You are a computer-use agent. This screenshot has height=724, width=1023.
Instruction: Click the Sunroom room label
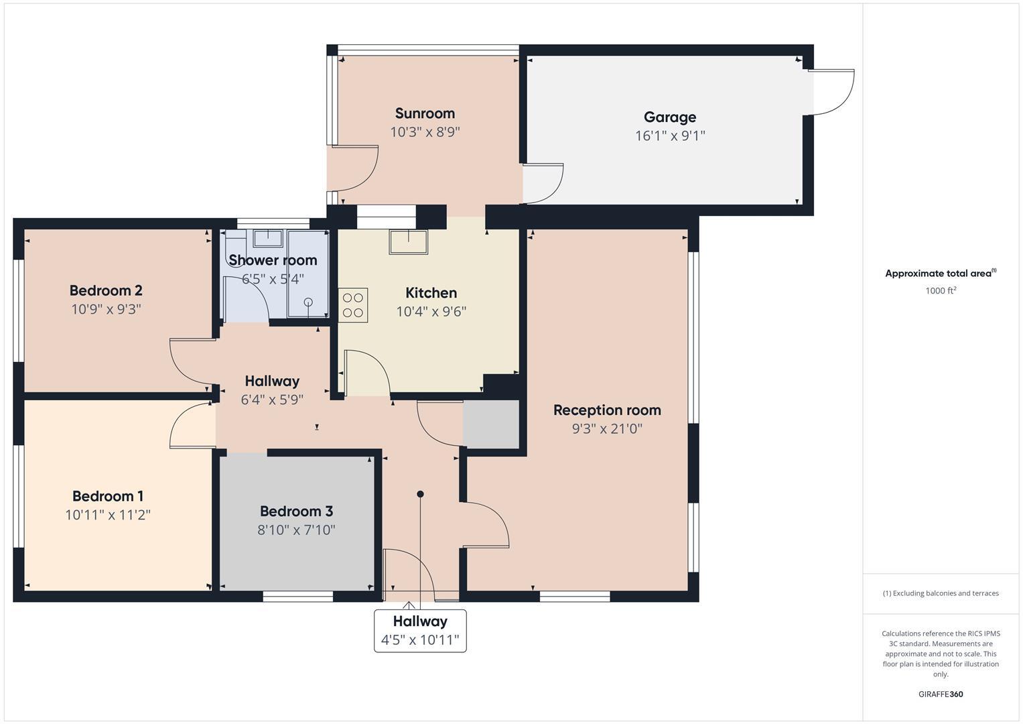pos(425,113)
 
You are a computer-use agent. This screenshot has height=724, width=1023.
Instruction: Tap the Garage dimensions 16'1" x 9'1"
pos(670,135)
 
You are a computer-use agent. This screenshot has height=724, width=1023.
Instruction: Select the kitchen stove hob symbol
pos(353,305)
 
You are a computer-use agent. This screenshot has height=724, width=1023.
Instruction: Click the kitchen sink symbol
pos(409,242)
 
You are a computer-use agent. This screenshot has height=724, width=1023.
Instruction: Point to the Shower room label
pos(273,260)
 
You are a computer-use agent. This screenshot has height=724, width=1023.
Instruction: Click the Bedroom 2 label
pos(106,290)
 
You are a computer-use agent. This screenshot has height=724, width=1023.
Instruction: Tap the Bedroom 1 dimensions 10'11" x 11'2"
pos(108,515)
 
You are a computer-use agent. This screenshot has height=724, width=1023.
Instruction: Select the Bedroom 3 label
pos(296,511)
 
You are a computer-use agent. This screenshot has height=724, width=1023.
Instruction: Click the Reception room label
pos(607,410)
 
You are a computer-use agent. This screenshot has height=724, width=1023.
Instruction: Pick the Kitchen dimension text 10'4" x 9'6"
pos(431,312)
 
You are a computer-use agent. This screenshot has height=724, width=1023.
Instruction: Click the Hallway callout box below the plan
pos(420,630)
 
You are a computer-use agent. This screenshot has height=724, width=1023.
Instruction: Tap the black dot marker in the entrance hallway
pos(421,494)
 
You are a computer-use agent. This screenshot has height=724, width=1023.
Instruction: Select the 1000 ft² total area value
pos(941,290)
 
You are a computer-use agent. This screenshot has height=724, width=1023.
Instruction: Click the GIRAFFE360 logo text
pos(941,694)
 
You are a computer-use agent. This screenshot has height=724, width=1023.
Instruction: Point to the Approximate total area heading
pos(941,273)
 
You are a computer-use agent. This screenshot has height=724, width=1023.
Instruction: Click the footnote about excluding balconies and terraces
pos(941,593)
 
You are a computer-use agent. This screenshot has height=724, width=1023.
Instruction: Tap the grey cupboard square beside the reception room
pos(491,424)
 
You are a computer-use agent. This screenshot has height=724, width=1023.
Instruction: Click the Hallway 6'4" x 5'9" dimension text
pos(272,400)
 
